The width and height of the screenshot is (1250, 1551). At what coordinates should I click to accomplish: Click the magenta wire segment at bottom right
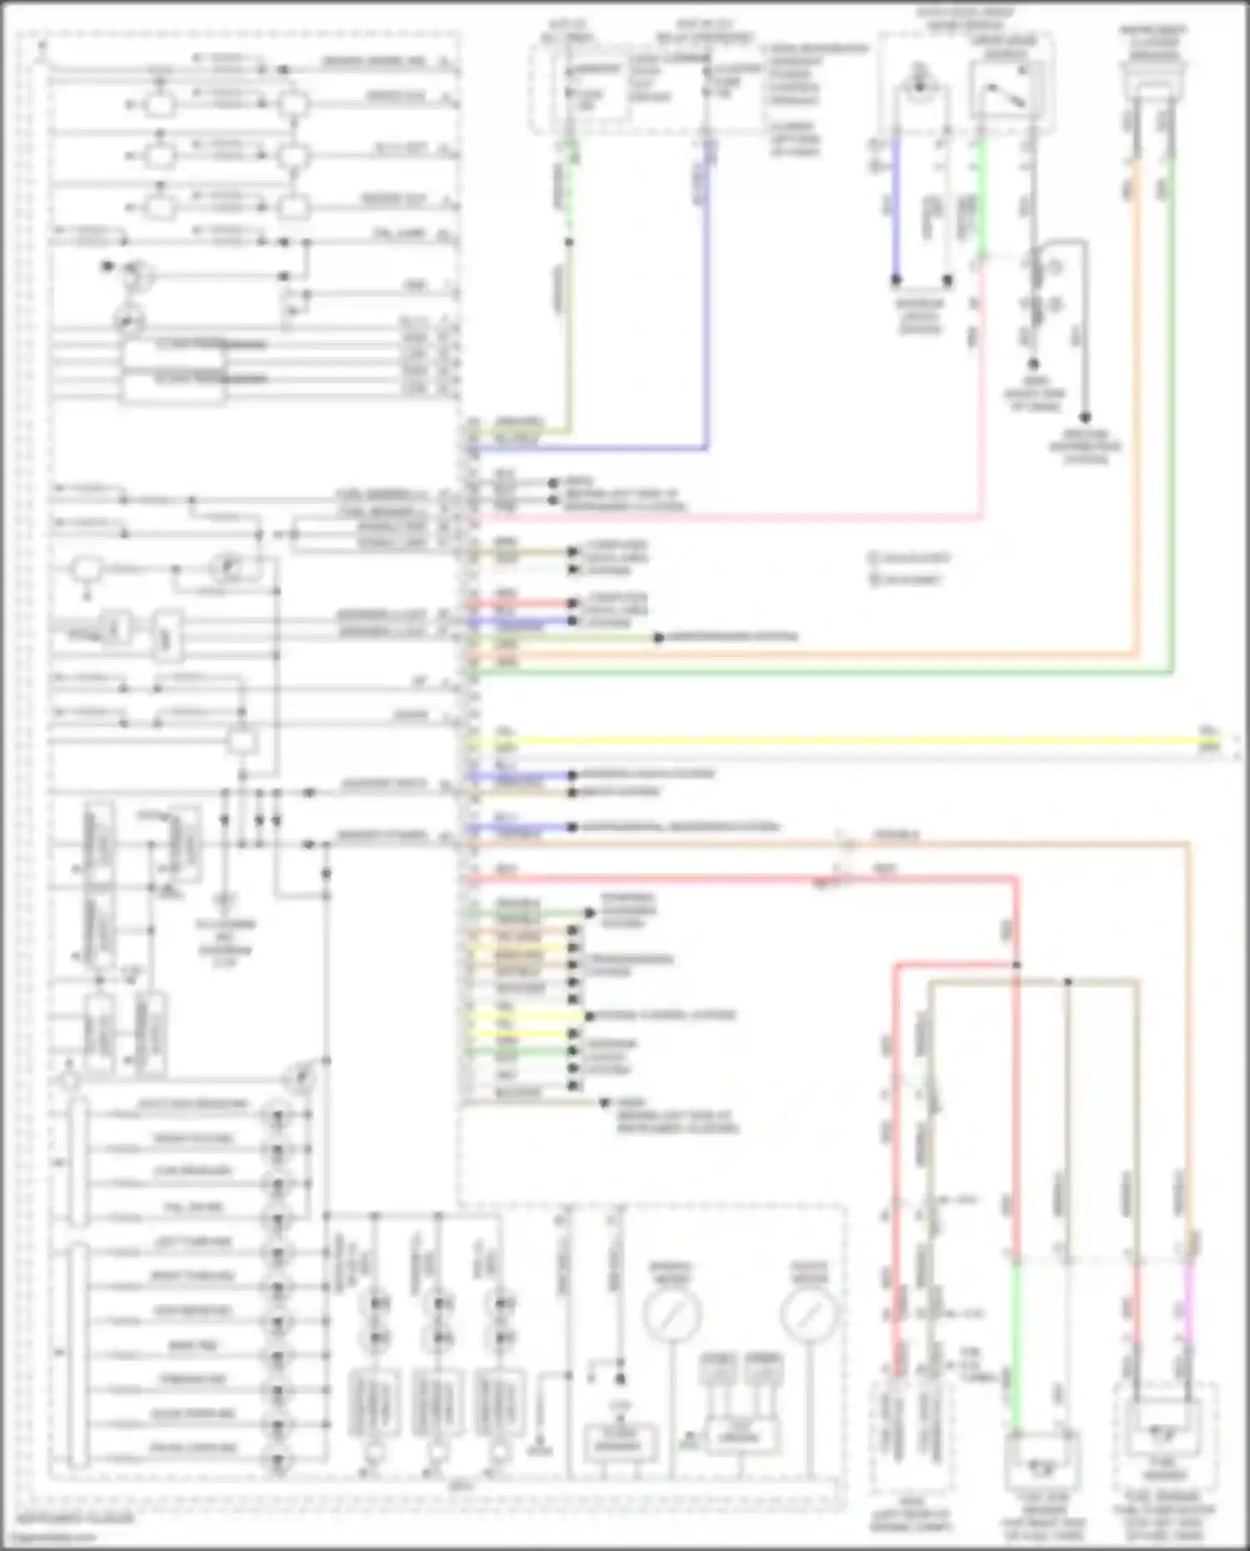[1189, 1300]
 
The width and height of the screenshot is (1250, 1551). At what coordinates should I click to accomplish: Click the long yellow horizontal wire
[833, 739]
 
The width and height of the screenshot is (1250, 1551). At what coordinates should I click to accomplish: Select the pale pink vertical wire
[982, 392]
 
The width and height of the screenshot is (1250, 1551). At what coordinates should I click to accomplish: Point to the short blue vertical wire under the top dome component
[897, 208]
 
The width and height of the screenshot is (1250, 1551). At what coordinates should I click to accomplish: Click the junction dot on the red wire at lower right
[1017, 965]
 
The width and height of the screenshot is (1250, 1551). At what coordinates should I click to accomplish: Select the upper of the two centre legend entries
[910, 558]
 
